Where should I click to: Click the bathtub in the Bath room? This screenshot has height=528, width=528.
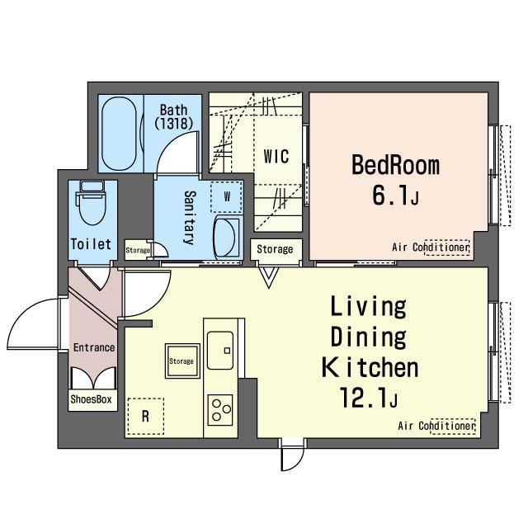click(120, 134)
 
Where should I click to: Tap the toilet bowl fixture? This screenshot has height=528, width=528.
click(92, 203)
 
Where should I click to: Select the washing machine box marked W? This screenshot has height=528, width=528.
click(227, 196)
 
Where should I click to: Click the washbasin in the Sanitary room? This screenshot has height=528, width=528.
click(227, 237)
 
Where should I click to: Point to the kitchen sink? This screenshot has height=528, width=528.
click(220, 350)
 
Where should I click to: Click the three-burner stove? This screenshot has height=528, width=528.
click(220, 410)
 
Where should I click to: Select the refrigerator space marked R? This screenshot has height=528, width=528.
click(145, 416)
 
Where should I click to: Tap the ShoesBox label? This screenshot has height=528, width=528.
click(92, 399)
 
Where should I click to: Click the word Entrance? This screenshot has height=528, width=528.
click(94, 347)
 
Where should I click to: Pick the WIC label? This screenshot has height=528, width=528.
click(276, 156)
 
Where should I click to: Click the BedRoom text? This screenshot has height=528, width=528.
click(396, 165)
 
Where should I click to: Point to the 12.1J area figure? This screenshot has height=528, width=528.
click(369, 398)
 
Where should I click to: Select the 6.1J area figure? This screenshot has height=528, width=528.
click(396, 195)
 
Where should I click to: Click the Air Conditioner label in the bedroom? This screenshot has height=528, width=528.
click(431, 247)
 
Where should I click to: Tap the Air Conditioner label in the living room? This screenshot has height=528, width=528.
click(436, 426)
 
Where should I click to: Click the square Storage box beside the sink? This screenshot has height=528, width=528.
click(182, 361)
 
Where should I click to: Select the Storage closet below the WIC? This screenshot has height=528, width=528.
click(276, 249)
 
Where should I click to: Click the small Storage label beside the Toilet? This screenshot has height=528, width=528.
click(138, 250)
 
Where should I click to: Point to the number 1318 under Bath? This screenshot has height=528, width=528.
click(174, 123)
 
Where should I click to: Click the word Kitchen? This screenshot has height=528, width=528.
click(370, 367)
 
